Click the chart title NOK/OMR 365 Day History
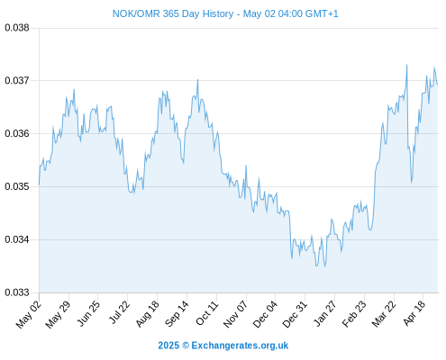(x=173, y=13)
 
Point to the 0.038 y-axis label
(x=17, y=28)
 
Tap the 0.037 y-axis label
(x=17, y=80)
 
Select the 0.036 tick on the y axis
(x=17, y=133)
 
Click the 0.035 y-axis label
(x=17, y=186)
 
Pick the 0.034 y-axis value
(x=17, y=239)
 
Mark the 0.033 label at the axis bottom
(x=17, y=292)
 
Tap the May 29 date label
(x=58, y=314)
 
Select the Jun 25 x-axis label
(x=88, y=314)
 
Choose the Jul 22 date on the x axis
(x=119, y=312)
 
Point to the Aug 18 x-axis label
(x=148, y=314)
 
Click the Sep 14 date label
(x=177, y=314)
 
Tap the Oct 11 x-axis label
(x=207, y=313)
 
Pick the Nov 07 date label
(x=236, y=314)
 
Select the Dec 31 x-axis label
(x=296, y=314)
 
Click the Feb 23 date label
(x=355, y=314)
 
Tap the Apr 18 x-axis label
(x=414, y=313)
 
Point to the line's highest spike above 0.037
(x=407, y=65)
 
